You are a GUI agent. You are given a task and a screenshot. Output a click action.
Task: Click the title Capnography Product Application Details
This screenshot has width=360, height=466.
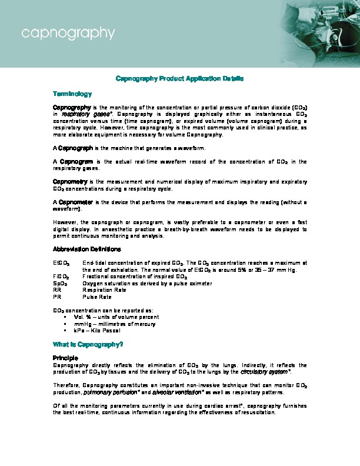click(180, 78)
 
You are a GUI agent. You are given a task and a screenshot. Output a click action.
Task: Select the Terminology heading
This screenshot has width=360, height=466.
click(72, 94)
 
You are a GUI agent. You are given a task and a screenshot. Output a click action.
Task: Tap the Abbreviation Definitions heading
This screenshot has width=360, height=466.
click(87, 249)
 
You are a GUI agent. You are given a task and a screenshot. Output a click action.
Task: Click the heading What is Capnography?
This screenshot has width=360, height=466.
click(88, 344)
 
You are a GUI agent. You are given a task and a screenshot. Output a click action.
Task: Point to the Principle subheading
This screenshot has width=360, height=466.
click(65, 358)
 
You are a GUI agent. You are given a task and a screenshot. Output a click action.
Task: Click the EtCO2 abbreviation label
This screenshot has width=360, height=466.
click(61, 263)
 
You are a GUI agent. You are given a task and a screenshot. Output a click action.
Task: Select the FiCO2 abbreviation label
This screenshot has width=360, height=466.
click(61, 277)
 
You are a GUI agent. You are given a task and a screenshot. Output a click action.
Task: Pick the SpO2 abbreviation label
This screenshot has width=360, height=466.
click(61, 284)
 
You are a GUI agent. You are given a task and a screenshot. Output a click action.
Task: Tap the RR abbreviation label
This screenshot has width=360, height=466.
click(57, 290)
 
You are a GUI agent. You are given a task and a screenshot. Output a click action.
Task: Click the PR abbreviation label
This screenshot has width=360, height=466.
click(57, 297)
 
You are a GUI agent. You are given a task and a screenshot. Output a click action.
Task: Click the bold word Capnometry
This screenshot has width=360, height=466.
click(70, 182)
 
